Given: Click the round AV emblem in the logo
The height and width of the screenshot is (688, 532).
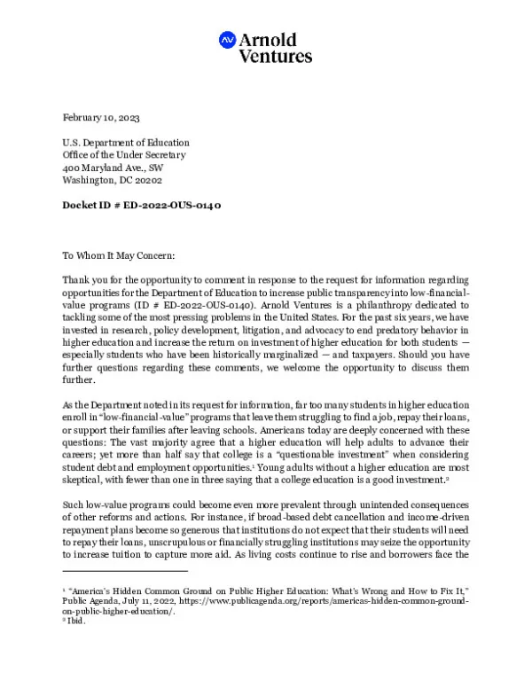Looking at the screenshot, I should coord(228,39).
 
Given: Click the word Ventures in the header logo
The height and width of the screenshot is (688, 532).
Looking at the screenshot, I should coord(276,56).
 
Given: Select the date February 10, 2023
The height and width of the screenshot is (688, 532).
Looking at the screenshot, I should coord(101,118).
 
